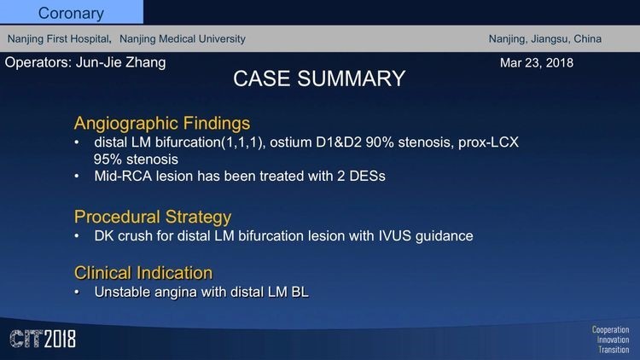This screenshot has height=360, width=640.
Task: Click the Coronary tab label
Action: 71,14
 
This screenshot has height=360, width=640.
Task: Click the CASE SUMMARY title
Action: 319,78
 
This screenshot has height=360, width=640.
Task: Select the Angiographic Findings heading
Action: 162,123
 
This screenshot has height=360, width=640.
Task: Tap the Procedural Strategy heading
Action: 153,217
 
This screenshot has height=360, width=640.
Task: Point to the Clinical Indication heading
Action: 143,273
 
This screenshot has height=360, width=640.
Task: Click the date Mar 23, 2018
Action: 537,63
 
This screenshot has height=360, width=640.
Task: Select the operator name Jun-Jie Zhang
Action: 121,62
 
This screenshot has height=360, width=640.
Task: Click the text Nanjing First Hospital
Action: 59,38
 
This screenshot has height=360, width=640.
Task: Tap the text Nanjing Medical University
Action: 183,38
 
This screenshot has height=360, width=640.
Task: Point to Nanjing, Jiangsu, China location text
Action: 545,38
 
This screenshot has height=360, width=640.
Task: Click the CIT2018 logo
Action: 43,339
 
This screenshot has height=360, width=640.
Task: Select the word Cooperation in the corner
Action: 610,330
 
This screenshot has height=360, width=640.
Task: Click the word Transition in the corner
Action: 614,350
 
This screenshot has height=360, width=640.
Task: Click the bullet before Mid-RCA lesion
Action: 77,177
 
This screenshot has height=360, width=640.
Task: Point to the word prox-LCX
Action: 488,142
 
